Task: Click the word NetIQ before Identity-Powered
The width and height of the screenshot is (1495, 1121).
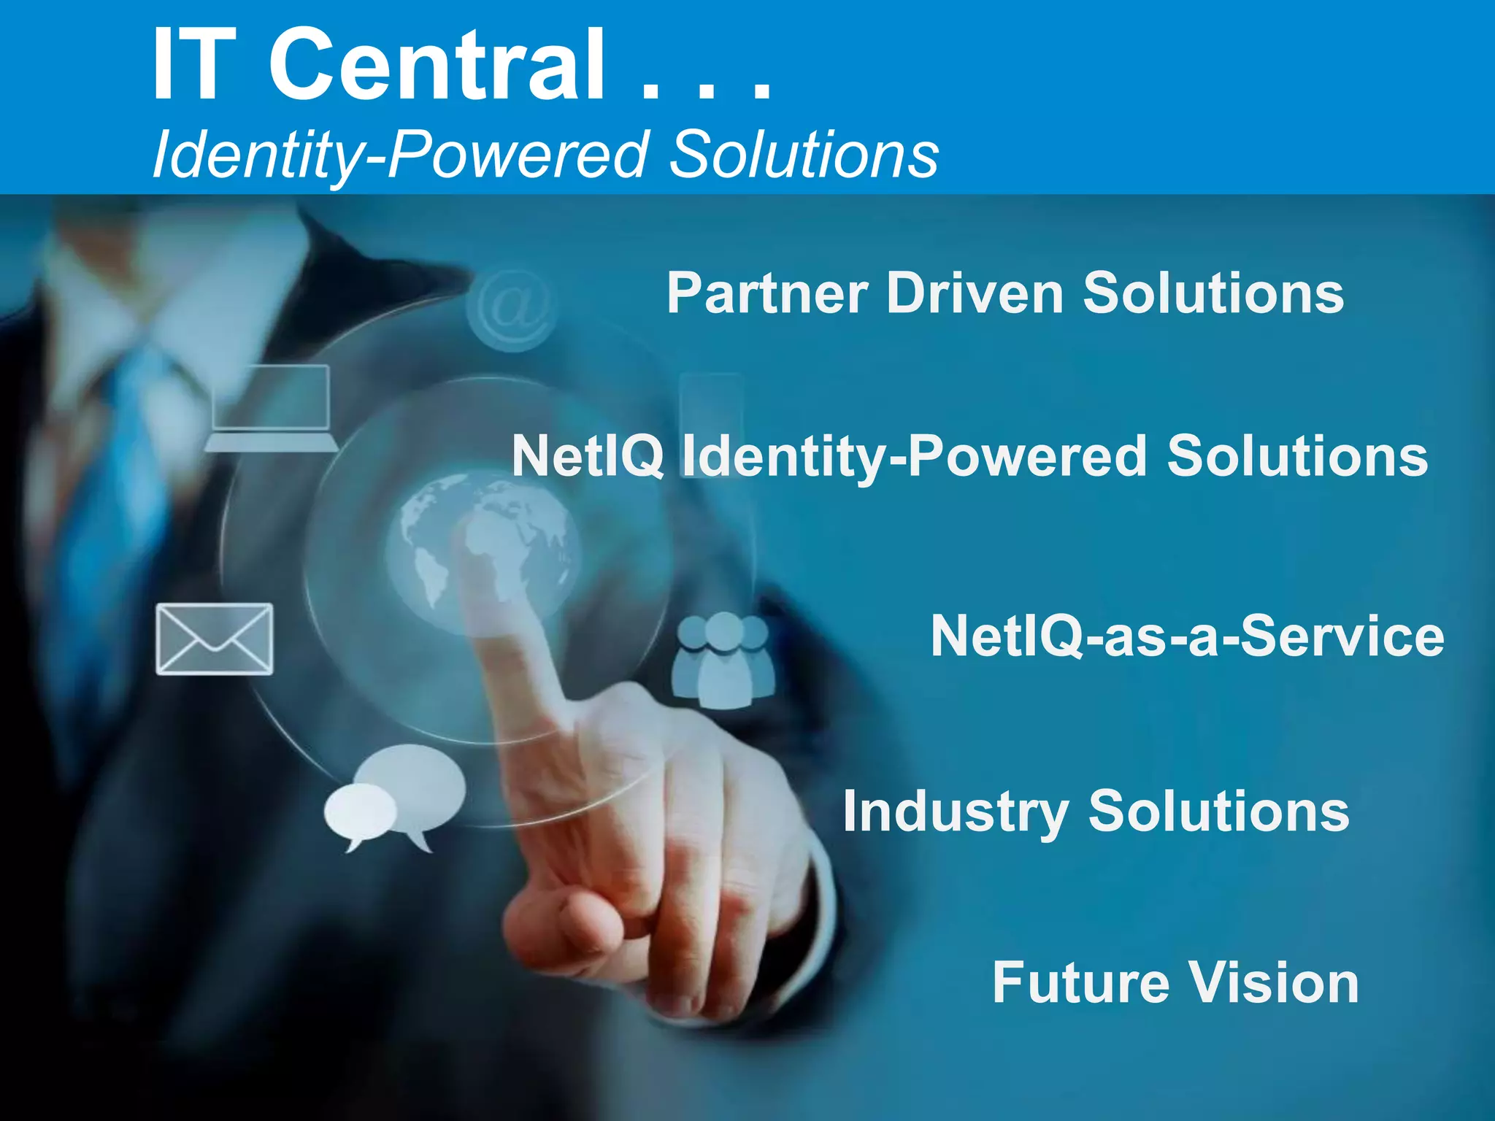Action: point(588,456)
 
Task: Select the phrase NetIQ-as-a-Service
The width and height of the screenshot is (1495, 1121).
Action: point(1187,636)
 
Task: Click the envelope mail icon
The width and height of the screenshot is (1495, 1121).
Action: point(215,639)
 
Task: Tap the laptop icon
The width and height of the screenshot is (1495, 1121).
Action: point(271,409)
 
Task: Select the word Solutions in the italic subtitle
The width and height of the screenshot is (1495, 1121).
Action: point(803,155)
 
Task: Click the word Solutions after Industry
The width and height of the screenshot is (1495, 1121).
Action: point(1218,812)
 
